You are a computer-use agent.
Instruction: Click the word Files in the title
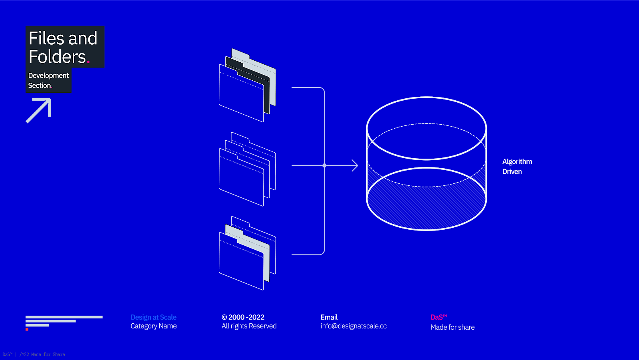coord(46,38)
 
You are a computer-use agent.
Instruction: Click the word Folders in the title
coord(57,57)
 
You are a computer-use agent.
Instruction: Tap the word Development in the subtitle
coord(48,76)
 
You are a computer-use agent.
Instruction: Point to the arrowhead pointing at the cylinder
coord(355,165)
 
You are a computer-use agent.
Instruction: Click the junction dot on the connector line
coord(324,165)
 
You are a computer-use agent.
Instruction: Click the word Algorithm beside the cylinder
coord(517,161)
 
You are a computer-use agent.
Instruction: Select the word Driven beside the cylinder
coord(512,171)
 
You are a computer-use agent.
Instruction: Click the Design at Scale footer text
coord(153,317)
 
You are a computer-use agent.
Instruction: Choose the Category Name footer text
coord(153,326)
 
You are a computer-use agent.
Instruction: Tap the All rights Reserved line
coord(249,326)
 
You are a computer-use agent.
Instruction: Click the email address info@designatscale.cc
coord(353,326)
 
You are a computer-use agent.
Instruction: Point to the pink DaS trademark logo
coord(439,317)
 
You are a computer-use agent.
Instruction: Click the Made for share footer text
coord(452,327)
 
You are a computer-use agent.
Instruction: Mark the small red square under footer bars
coord(27,329)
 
